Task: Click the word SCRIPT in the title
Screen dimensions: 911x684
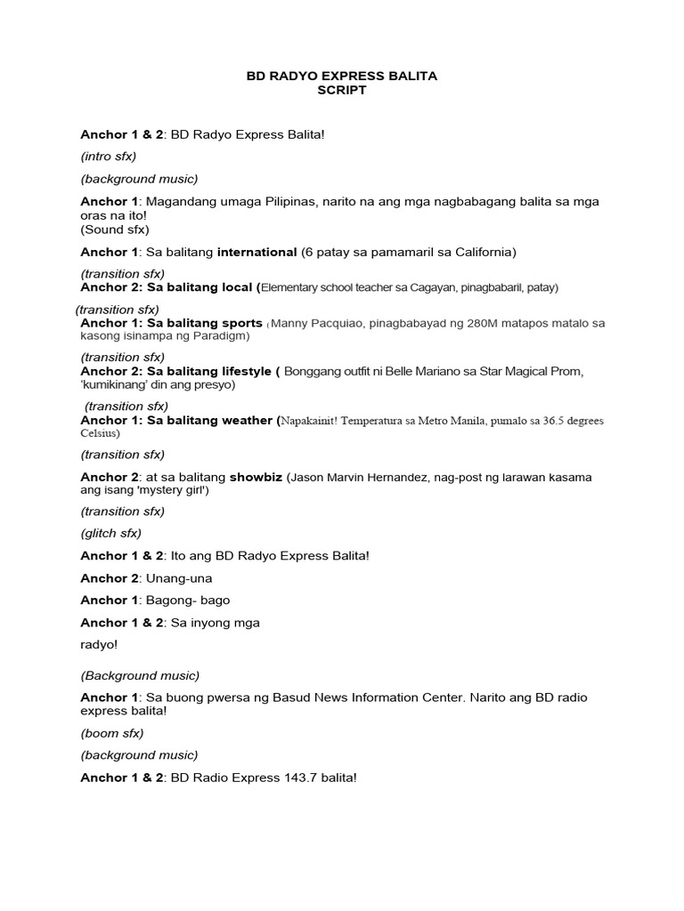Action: pyautogui.click(x=342, y=91)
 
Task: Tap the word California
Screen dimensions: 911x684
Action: pyautogui.click(x=482, y=252)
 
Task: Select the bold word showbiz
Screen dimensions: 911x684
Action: pyautogui.click(x=256, y=477)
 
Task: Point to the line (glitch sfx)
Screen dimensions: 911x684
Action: pyautogui.click(x=110, y=533)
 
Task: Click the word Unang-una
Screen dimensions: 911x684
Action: pyautogui.click(x=179, y=578)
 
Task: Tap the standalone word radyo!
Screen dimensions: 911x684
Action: pyautogui.click(x=99, y=645)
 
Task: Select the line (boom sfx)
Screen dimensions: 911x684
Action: pyautogui.click(x=111, y=733)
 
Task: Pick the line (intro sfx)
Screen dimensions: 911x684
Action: pyautogui.click(x=108, y=157)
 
